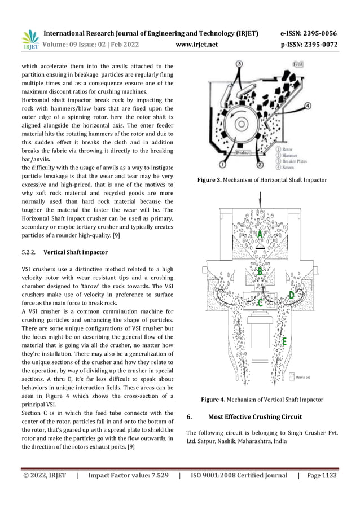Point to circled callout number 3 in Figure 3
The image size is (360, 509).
pos(239,64)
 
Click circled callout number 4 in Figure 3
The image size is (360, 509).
pos(324,106)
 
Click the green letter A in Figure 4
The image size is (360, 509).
pos(260,234)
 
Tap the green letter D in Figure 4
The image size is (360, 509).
pos(291,295)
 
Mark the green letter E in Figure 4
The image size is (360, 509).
pos(284,341)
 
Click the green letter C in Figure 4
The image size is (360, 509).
pos(260,303)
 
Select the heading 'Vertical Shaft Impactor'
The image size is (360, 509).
pos(75,252)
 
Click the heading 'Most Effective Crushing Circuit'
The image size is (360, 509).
pos(255,417)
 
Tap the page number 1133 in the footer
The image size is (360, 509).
pos(326,476)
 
